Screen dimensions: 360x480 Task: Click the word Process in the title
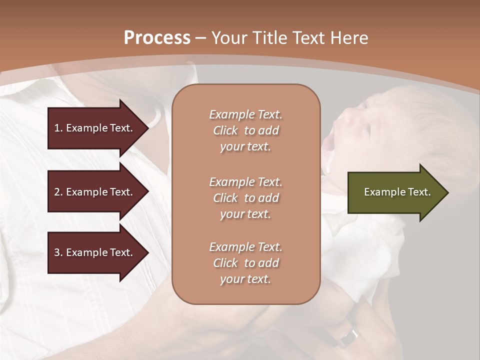tap(157, 38)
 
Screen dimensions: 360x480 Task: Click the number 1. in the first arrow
tap(58, 128)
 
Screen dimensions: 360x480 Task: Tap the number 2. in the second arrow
tap(58, 192)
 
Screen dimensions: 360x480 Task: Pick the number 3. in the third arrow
tap(58, 252)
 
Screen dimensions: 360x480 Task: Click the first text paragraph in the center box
tap(245, 130)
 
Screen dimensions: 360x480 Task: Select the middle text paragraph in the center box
tap(245, 197)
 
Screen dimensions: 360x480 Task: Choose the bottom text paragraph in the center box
tap(245, 263)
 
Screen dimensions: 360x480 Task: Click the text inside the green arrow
tap(397, 192)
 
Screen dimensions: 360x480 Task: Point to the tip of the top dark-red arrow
tap(148, 128)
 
